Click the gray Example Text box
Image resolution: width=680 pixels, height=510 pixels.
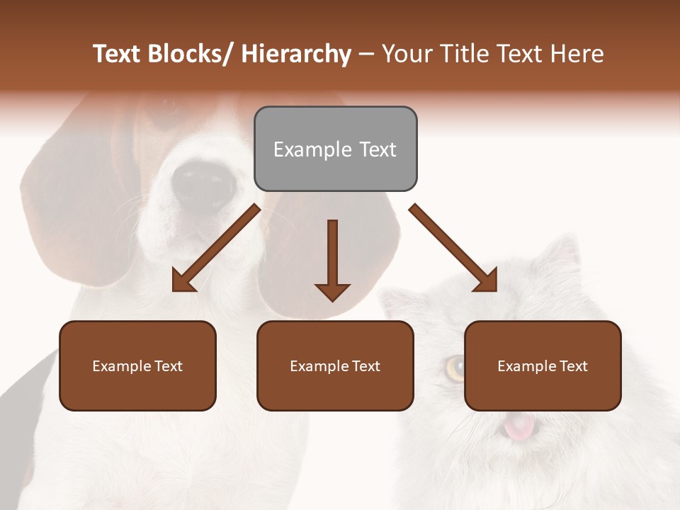pyautogui.click(x=335, y=149)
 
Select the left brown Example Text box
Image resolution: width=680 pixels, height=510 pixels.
pyautogui.click(x=137, y=365)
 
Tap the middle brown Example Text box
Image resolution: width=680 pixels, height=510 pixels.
pyautogui.click(x=335, y=365)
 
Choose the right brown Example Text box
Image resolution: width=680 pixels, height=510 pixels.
pyautogui.click(x=543, y=365)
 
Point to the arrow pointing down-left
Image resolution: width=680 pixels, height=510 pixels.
pyautogui.click(x=216, y=248)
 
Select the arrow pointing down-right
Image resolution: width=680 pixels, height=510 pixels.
pyautogui.click(x=453, y=248)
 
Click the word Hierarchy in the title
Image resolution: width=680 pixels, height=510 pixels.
pyautogui.click(x=296, y=55)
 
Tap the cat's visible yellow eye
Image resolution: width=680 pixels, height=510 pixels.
pyautogui.click(x=455, y=367)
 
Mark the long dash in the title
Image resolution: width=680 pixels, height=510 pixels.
pyautogui.click(x=366, y=55)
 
